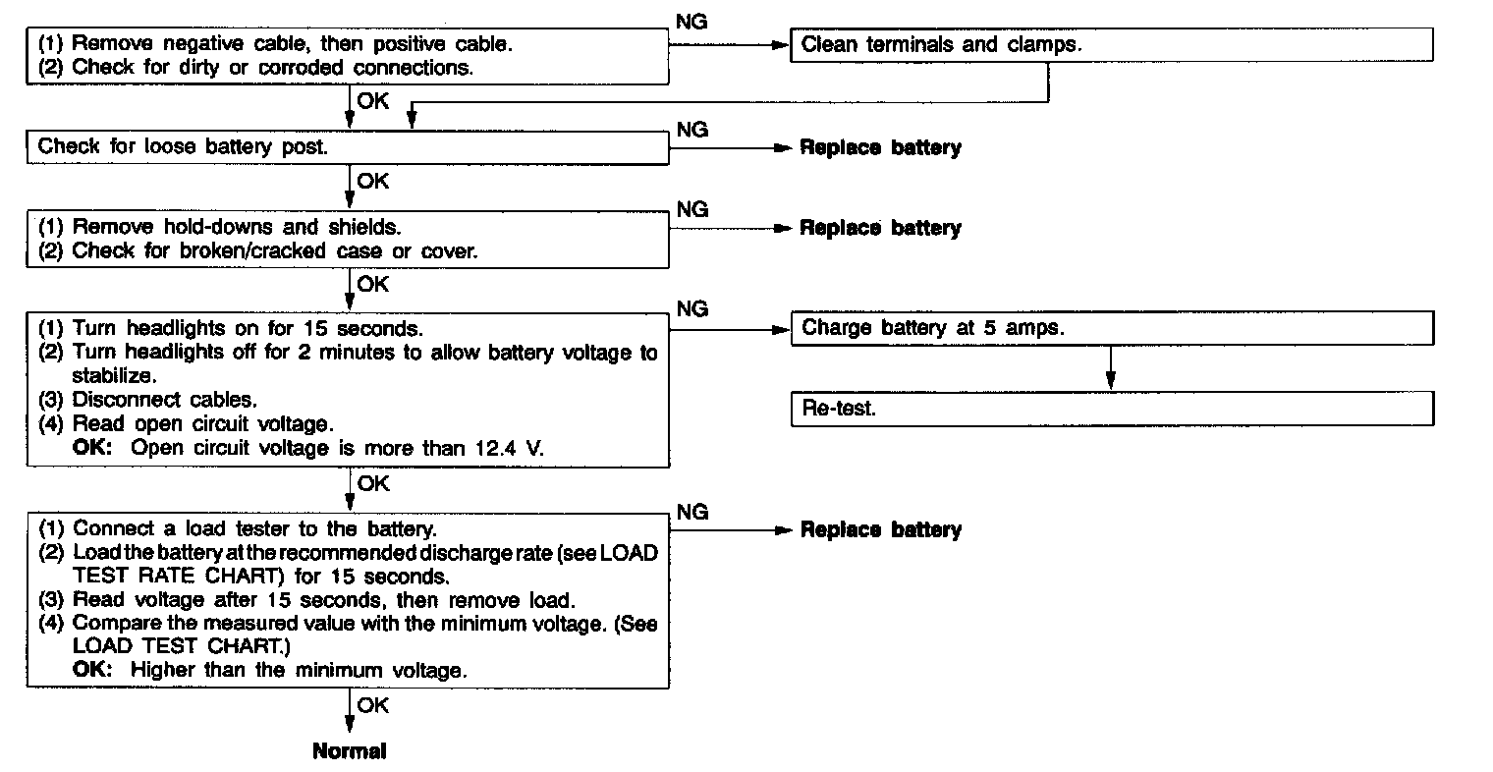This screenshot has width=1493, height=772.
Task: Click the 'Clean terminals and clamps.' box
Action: click(x=1111, y=45)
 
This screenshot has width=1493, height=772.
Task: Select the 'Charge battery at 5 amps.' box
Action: click(x=1111, y=328)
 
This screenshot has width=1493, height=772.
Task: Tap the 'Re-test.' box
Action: click(x=1111, y=409)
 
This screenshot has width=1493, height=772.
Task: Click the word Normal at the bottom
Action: click(x=350, y=751)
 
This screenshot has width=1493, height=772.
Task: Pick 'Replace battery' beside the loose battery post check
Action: click(x=880, y=148)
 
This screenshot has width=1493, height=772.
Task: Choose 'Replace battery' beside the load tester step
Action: click(x=880, y=530)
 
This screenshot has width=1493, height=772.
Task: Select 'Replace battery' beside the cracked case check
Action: click(x=880, y=228)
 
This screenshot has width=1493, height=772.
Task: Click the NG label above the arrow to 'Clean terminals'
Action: click(x=691, y=22)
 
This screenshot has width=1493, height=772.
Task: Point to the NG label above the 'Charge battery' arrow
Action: click(x=691, y=309)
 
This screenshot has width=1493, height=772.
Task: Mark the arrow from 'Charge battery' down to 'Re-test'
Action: click(x=1110, y=367)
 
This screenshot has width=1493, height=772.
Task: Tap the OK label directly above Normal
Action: click(x=373, y=705)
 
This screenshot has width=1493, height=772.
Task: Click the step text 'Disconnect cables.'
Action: click(x=165, y=401)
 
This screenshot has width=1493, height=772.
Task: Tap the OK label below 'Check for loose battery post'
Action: click(x=373, y=181)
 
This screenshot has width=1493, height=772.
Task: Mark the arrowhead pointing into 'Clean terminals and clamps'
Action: click(x=782, y=45)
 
